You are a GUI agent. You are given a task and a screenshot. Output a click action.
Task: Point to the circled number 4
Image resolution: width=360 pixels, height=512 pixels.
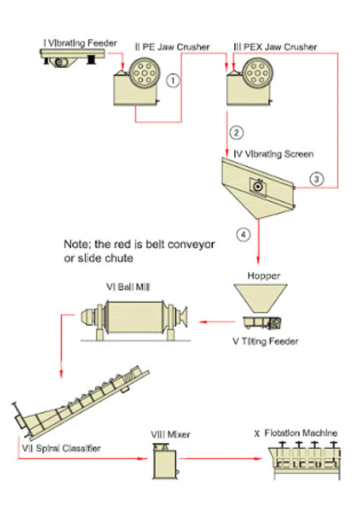[242, 236]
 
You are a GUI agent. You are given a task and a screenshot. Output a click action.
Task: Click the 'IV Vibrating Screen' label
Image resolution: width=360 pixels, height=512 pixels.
[274, 154]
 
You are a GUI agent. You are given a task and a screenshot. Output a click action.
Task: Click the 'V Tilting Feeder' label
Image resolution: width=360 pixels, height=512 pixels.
[265, 342]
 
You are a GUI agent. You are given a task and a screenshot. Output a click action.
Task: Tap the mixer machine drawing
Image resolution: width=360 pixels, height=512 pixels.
[164, 459]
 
